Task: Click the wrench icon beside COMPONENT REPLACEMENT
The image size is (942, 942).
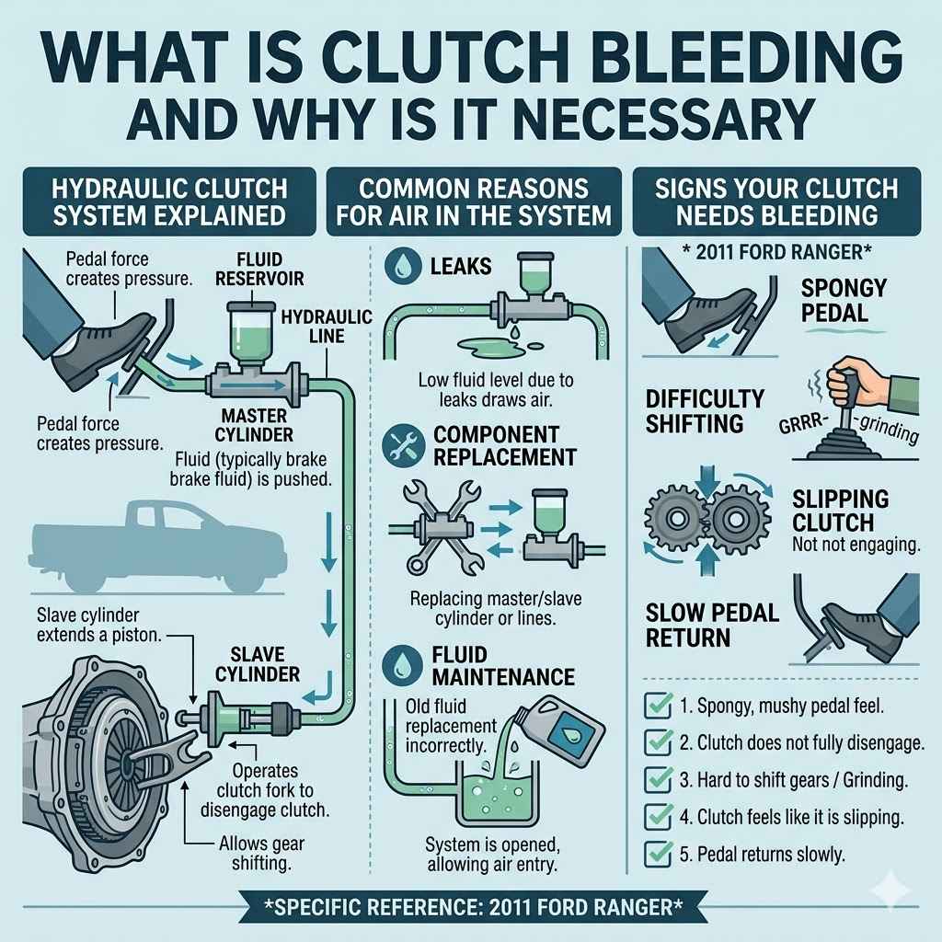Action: [405, 444]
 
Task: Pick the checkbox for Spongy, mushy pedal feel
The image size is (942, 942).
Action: [658, 707]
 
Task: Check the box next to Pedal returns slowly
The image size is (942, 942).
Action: [658, 854]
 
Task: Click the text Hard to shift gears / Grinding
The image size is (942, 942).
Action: [802, 780]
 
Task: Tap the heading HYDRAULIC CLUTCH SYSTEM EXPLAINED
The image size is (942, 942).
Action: [168, 202]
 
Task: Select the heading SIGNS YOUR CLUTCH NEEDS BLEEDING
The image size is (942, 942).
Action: [775, 202]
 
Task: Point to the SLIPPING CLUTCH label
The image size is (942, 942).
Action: [840, 511]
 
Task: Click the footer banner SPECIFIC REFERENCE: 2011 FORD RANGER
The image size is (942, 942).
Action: [471, 907]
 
